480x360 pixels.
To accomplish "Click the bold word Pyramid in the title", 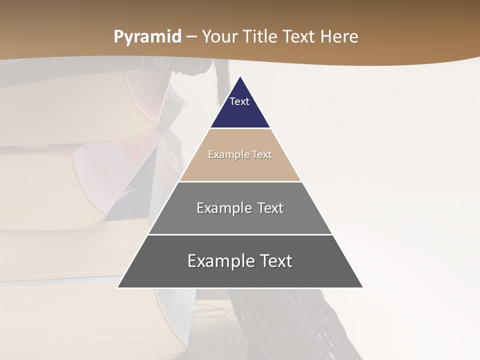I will click(147, 37).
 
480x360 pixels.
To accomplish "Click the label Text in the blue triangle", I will click(239, 101).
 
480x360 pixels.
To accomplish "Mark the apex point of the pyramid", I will click(240, 77).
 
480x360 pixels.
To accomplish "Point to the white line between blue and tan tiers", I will click(240, 128).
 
